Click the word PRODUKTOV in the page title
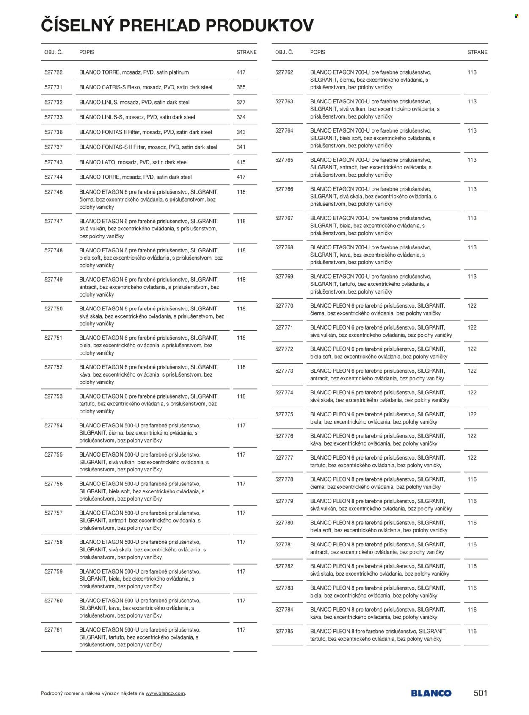[x=259, y=25]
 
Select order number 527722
[x=53, y=72]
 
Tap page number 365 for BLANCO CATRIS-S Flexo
[x=241, y=87]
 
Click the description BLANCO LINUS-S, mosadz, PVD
[x=137, y=117]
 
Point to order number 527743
[x=53, y=162]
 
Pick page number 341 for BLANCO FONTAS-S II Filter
[x=241, y=147]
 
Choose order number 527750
[x=53, y=309]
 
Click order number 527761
[x=53, y=630]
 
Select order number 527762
[x=284, y=72]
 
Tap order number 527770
[x=284, y=306]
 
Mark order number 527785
[x=284, y=632]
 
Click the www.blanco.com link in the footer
[x=165, y=693]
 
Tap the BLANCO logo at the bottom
[x=431, y=693]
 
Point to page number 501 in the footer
[x=480, y=693]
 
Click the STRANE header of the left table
[x=246, y=53]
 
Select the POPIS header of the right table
[x=317, y=53]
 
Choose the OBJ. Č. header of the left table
[x=53, y=53]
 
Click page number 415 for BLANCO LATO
[x=241, y=162]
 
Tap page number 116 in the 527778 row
[x=472, y=479]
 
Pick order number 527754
[x=53, y=426]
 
